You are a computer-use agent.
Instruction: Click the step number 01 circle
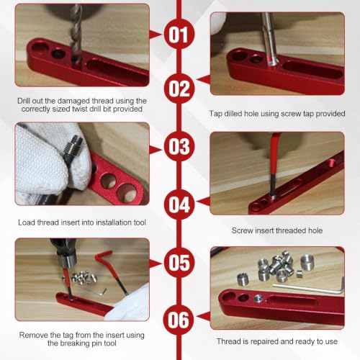(x=179, y=34)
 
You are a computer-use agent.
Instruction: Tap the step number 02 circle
(x=179, y=89)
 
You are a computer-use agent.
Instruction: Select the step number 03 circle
(x=179, y=146)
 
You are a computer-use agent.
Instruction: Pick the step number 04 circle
(x=179, y=204)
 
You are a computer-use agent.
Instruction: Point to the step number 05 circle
(x=179, y=263)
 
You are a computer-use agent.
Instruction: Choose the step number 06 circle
(x=179, y=320)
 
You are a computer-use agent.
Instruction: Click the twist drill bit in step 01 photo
(x=76, y=34)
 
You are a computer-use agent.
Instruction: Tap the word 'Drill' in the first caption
(x=24, y=101)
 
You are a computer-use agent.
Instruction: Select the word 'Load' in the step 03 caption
(x=27, y=222)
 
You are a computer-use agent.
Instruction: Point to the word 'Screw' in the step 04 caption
(x=242, y=230)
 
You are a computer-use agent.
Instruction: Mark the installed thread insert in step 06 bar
(x=258, y=298)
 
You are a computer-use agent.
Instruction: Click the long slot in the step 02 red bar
(x=312, y=70)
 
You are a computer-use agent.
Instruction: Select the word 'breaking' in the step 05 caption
(x=74, y=343)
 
